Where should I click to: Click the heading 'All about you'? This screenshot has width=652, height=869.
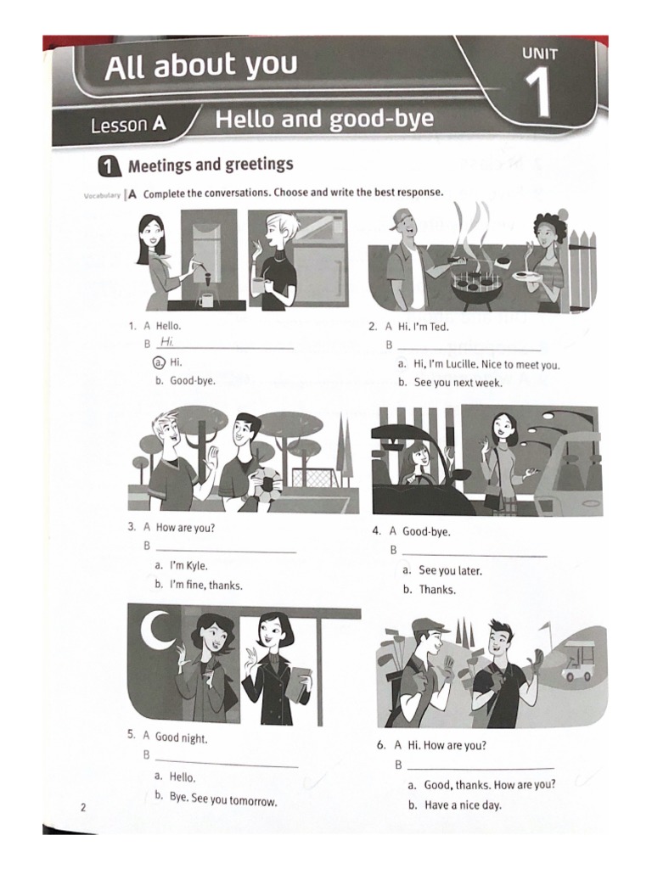[201, 66]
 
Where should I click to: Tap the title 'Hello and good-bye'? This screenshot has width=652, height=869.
[323, 119]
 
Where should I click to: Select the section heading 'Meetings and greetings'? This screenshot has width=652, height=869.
[210, 165]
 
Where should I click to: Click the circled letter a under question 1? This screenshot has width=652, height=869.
[158, 362]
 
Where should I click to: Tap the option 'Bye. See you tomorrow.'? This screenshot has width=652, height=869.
[223, 799]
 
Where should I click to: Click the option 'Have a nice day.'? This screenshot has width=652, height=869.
[463, 805]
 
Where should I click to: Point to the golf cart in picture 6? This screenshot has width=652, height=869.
[578, 662]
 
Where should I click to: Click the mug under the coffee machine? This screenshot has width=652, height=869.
[206, 300]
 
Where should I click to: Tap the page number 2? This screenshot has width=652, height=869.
[83, 807]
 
